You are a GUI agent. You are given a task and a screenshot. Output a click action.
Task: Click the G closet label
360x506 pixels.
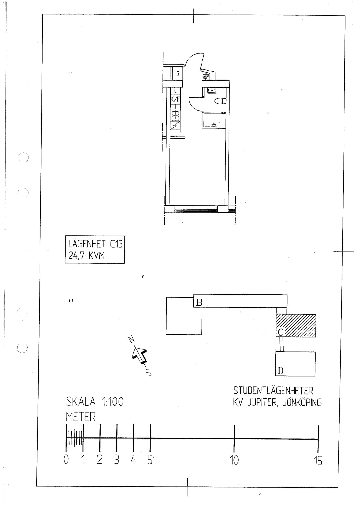178,73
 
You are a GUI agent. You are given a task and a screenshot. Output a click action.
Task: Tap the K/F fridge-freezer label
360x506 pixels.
175,99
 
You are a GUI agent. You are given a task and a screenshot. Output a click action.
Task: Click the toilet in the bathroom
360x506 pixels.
220,101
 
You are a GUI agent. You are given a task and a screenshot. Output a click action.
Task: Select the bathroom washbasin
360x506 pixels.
212,90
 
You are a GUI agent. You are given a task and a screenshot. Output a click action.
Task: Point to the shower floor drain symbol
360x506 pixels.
214,124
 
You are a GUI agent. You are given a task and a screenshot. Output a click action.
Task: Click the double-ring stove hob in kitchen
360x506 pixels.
175,116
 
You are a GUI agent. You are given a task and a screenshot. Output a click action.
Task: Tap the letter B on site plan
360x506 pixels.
199,302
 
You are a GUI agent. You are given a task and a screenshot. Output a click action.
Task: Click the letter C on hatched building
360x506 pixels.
281,332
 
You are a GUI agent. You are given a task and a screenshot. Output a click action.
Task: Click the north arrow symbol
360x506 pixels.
140,356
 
